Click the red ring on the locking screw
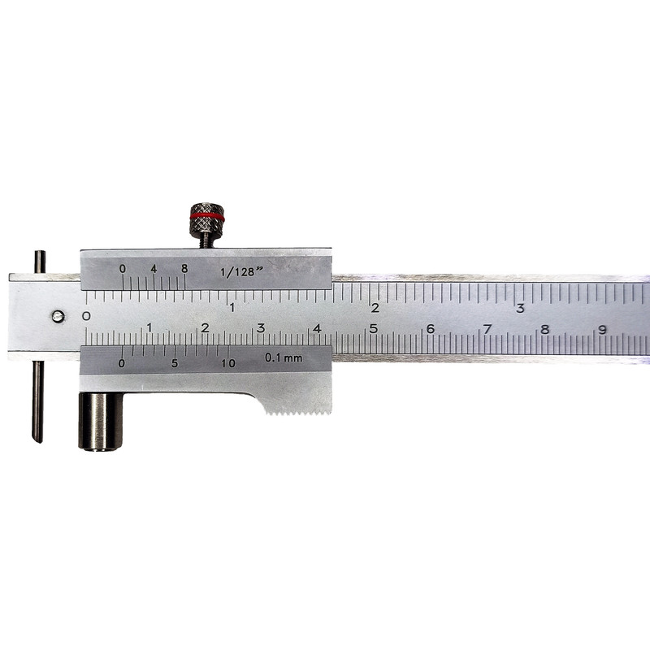pyautogui.click(x=207, y=217)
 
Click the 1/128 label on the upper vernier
pyautogui.click(x=237, y=271)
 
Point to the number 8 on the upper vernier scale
pyautogui.click(x=184, y=268)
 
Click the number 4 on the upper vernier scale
pyautogui.click(x=153, y=268)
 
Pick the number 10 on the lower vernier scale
pyautogui.click(x=228, y=363)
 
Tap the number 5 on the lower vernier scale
pyautogui.click(x=175, y=363)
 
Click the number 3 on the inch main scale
pyautogui.click(x=520, y=308)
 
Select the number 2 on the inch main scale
pyautogui.click(x=375, y=308)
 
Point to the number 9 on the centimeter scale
pyautogui.click(x=602, y=329)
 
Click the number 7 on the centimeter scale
pyautogui.click(x=487, y=329)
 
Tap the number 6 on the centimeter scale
pyautogui.click(x=430, y=329)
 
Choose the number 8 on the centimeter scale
pyautogui.click(x=544, y=329)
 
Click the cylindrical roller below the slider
pyautogui.click(x=100, y=420)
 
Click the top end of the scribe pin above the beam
pyautogui.click(x=39, y=255)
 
